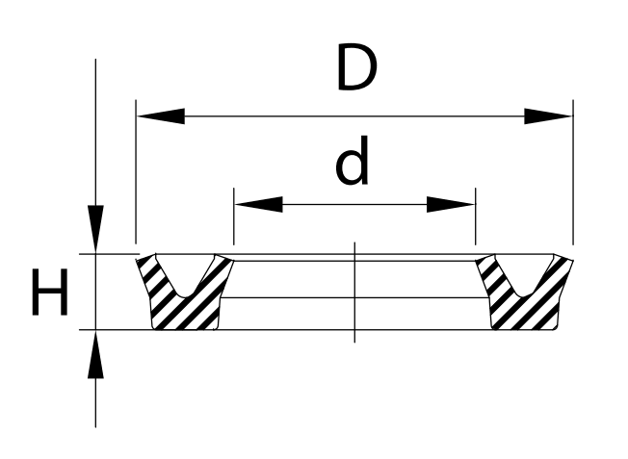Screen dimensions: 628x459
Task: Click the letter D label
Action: coord(356,66)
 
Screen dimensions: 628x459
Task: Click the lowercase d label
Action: coord(352,161)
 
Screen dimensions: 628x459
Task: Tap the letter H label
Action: coord(50,292)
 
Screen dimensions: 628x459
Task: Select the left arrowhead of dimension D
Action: coord(161,116)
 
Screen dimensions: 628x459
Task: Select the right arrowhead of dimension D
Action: coord(548,116)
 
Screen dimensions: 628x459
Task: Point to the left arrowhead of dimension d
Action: coord(259,205)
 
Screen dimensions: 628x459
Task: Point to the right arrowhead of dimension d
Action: coord(451,205)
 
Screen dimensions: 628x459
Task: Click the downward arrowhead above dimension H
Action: coord(95,229)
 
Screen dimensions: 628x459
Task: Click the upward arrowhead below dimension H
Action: coord(95,354)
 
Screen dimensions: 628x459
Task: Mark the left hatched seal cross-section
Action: coord(184,292)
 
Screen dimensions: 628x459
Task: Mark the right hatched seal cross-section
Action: coord(525,292)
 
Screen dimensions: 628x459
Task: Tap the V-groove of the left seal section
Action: coord(185,276)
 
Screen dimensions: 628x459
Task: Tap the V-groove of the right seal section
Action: coord(524,276)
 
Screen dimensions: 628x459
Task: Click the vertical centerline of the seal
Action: coord(354,293)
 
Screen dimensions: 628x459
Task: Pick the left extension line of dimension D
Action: coord(136,171)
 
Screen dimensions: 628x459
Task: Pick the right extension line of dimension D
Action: coord(573,171)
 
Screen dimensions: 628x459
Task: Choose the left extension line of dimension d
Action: coord(234,217)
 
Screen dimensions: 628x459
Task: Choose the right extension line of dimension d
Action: coord(476,217)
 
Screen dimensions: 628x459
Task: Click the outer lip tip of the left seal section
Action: coord(137,260)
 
